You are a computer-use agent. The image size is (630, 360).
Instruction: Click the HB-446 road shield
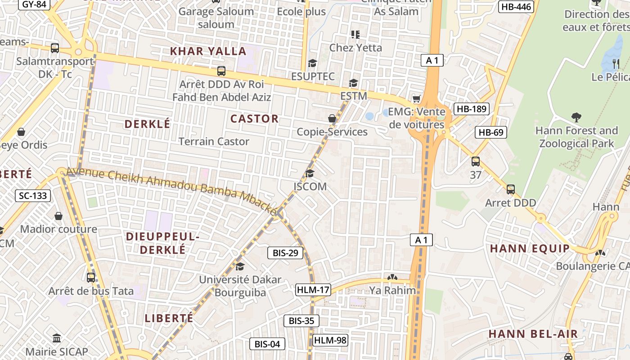tap(516, 6)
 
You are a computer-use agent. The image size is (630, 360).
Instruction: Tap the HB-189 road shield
tap(472, 109)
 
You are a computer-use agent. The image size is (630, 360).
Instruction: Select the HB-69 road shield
tap(491, 132)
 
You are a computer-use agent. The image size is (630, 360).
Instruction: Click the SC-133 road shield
tap(33, 196)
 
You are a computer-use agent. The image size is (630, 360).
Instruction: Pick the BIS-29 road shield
tap(286, 253)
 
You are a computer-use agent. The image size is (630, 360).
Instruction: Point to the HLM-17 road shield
tap(313, 290)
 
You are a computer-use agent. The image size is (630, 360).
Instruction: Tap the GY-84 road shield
tap(34, 4)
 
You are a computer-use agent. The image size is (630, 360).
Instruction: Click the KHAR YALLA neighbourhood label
tap(208, 51)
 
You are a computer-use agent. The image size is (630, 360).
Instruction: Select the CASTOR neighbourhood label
tap(254, 119)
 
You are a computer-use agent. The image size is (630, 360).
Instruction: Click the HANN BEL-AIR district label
tap(533, 334)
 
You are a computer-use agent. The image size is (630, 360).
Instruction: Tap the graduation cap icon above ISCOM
tap(310, 174)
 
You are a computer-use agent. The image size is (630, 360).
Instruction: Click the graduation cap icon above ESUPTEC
tap(312, 63)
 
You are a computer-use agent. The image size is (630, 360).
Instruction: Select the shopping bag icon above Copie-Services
tap(332, 119)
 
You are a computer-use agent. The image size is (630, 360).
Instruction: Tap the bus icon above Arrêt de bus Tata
tap(91, 278)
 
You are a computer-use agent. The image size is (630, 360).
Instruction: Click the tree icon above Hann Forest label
tap(576, 118)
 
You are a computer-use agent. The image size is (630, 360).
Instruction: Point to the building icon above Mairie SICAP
tap(57, 338)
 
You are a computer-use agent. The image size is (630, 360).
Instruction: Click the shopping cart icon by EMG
tap(416, 99)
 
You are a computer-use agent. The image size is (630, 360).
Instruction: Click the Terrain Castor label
tap(214, 142)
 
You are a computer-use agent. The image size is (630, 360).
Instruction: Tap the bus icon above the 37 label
tap(476, 162)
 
